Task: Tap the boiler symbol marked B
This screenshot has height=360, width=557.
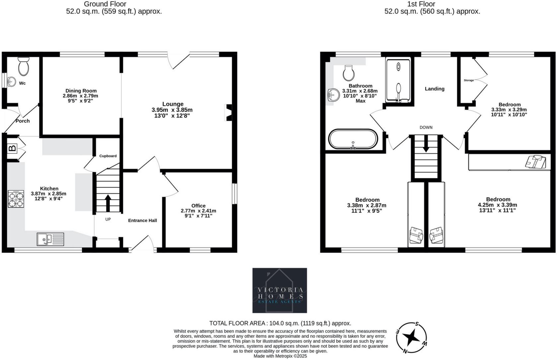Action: (12, 148)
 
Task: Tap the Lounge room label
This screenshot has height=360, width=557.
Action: (173, 104)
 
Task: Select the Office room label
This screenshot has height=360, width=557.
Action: (198, 206)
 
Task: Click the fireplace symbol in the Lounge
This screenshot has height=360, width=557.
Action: (229, 112)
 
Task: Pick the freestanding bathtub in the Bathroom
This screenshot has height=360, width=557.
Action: (353, 139)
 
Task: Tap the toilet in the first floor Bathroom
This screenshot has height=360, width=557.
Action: (349, 73)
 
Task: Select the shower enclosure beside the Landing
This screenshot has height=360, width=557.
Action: (399, 81)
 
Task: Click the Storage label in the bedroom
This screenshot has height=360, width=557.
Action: (469, 80)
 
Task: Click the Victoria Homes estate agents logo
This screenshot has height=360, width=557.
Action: (280, 290)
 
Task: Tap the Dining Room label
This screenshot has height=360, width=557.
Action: (81, 91)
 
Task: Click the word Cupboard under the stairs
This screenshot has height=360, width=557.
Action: (108, 156)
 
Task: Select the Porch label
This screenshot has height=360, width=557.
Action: (23, 121)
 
